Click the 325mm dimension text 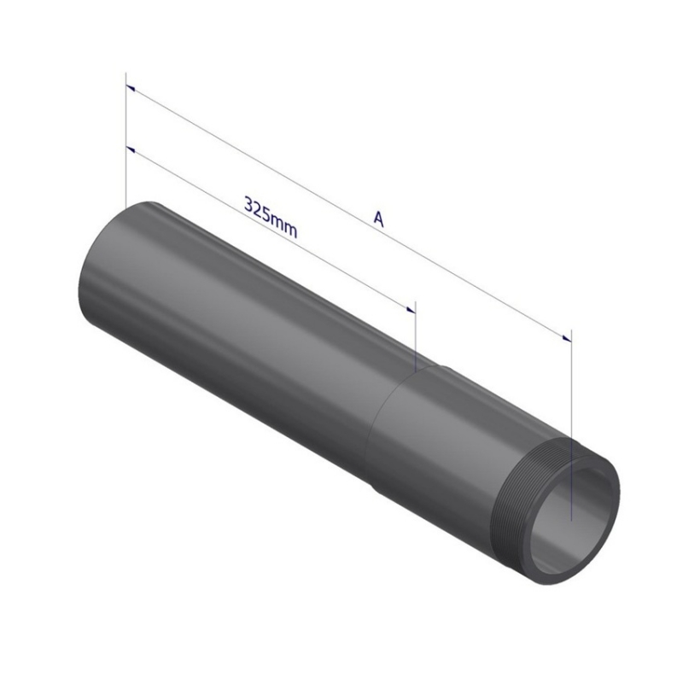coord(271,218)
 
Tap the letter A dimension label coord(379,219)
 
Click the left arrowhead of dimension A coord(131,89)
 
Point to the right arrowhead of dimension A coord(566,338)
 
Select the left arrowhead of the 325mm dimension coord(131,150)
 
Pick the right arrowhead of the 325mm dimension coord(411,309)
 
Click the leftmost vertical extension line coord(126,140)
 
